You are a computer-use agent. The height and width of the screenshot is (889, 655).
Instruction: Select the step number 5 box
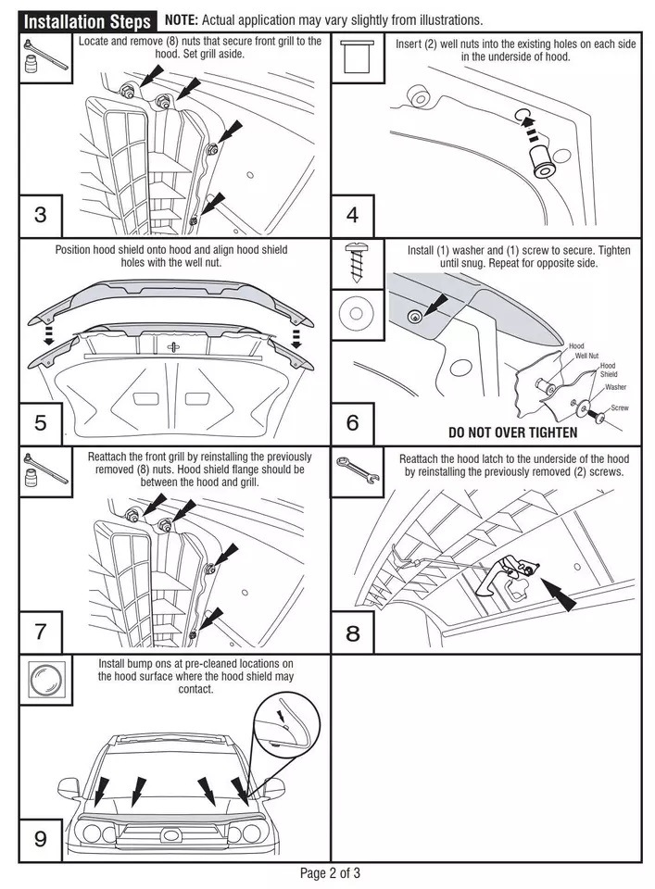(40, 423)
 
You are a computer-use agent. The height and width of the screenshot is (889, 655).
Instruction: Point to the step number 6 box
(352, 423)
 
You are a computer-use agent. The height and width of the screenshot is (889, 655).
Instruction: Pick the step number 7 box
(40, 632)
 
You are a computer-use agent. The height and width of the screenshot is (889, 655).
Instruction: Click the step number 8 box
(352, 633)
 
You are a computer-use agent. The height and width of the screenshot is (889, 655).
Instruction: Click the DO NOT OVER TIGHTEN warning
(512, 432)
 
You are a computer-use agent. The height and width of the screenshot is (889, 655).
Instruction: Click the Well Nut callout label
(586, 355)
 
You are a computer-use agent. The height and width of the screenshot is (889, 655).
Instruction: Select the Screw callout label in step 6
(620, 407)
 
